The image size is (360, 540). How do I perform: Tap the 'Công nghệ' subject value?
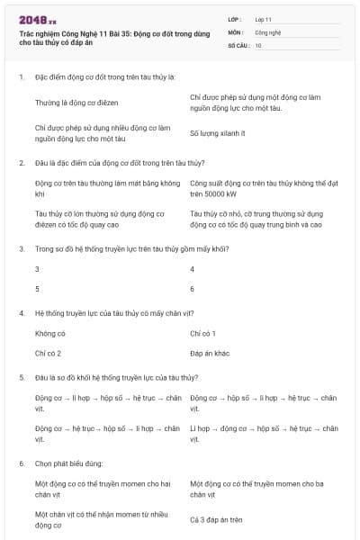tap(269, 31)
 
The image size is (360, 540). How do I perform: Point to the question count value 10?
tap(258, 44)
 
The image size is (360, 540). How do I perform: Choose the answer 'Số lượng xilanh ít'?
tap(218, 133)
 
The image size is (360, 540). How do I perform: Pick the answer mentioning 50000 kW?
tap(256, 188)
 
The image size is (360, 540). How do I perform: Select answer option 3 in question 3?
tap(37, 268)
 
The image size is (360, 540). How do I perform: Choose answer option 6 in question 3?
tap(193, 289)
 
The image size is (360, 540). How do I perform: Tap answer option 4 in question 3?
tap(193, 268)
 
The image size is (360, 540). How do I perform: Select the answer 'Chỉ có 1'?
tap(203, 333)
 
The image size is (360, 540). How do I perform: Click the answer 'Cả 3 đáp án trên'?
tap(217, 519)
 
